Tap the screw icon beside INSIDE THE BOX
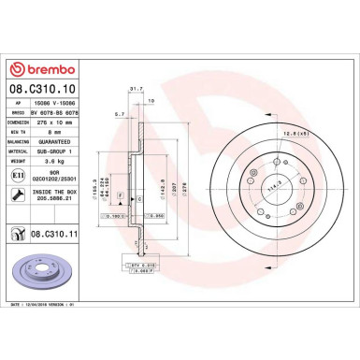18,194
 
